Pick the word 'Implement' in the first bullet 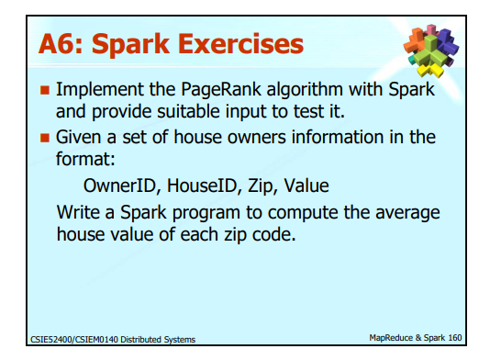pos(96,92)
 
